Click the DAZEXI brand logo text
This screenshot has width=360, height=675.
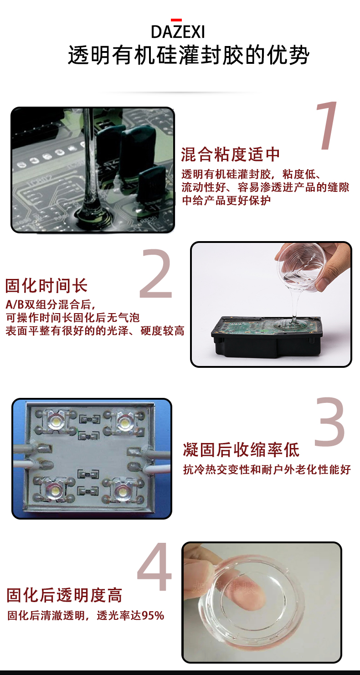tap(178, 31)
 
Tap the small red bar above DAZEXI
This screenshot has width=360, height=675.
tap(176, 20)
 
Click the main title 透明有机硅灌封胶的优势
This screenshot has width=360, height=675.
tap(189, 55)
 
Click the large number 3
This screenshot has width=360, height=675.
tap(329, 422)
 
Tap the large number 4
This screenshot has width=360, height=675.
tap(154, 567)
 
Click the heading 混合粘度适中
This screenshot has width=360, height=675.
tap(231, 155)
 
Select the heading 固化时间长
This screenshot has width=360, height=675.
tap(46, 286)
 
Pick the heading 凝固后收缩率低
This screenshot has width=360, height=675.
tap(242, 450)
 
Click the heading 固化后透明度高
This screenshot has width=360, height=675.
tap(64, 595)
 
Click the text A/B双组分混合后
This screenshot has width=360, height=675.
tap(50, 304)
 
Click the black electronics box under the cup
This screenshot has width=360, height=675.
tap(267, 337)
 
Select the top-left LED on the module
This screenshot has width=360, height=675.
tap(56, 420)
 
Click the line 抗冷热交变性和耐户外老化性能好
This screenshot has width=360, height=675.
tap(267, 469)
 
